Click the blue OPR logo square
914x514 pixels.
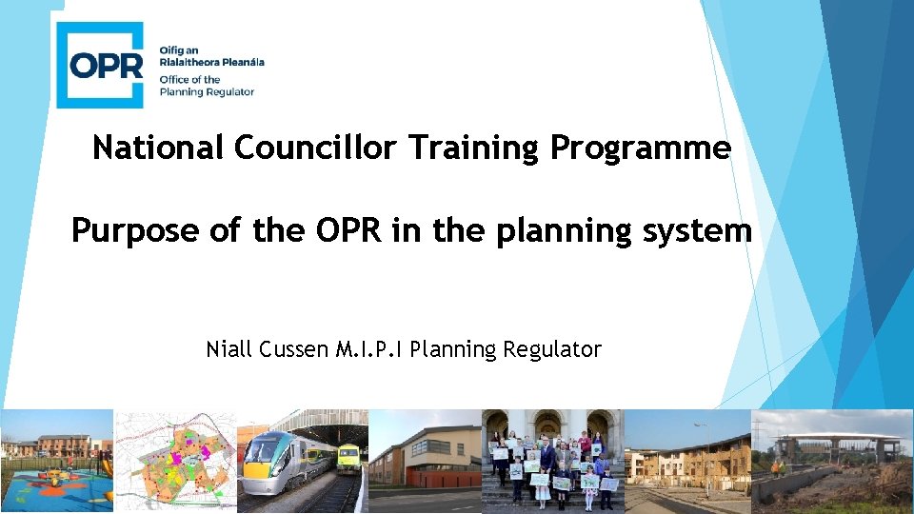[100, 65]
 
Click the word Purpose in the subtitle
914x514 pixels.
[137, 230]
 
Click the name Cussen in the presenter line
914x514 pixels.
[293, 349]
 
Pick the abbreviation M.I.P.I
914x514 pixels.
[369, 349]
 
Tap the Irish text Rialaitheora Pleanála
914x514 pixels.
[211, 62]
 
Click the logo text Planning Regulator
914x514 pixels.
[207, 92]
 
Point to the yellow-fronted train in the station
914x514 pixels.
[348, 458]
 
